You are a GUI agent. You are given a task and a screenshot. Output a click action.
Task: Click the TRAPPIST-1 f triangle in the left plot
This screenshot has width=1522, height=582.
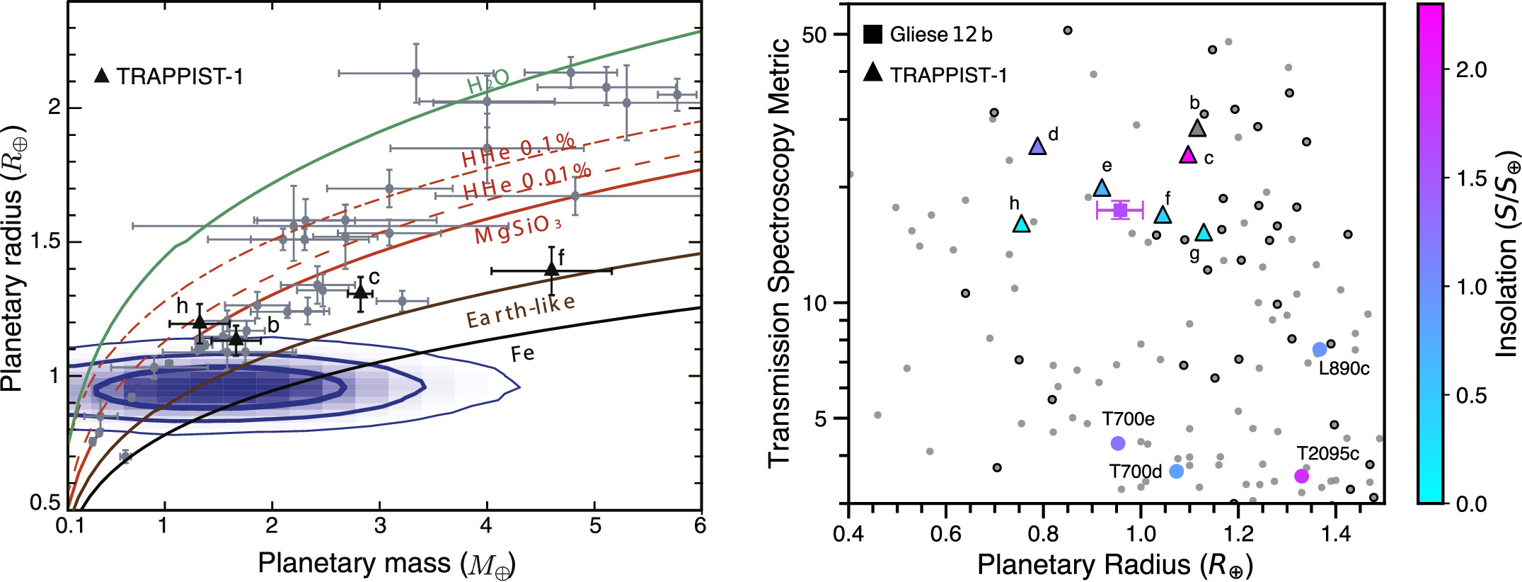click(551, 268)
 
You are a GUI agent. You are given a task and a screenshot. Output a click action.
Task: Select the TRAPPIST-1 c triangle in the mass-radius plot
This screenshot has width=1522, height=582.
click(361, 292)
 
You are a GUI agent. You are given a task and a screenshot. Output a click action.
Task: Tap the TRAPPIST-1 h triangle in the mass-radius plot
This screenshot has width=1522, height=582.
click(200, 321)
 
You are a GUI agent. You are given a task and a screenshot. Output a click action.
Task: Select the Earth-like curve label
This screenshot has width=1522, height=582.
click(520, 312)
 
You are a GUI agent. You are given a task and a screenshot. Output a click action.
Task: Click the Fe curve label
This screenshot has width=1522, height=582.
click(522, 353)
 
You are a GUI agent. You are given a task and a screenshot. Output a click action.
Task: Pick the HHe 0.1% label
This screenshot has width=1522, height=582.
click(518, 150)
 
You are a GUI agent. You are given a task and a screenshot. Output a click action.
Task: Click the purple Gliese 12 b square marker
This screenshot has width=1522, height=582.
click(1120, 210)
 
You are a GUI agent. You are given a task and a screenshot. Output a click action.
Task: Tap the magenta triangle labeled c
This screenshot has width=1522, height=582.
click(1188, 155)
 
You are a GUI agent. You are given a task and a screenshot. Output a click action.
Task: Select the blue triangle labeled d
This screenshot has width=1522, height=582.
click(1037, 147)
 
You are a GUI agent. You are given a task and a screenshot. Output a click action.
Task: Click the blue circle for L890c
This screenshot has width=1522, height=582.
click(1320, 350)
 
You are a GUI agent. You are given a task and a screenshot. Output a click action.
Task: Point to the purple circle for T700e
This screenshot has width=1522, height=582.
click(1118, 443)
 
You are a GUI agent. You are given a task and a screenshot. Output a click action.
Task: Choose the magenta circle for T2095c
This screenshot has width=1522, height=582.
click(1301, 476)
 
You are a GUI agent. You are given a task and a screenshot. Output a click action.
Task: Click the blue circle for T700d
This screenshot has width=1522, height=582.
click(1176, 471)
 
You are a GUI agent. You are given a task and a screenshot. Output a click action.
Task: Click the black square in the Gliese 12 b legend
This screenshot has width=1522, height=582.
click(873, 34)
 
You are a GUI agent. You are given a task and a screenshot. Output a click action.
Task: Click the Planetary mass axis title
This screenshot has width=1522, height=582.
click(386, 564)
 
